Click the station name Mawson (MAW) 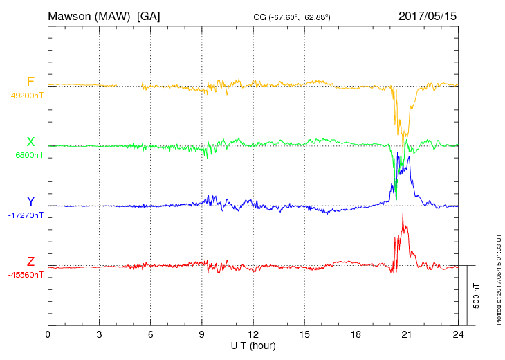89,15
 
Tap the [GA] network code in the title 149,15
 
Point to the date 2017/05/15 428,15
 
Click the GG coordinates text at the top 292,17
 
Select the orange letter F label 30,82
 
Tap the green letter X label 30,142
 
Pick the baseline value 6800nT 29,155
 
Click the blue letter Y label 30,201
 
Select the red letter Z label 30,262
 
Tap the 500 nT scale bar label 477,296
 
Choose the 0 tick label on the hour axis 48,334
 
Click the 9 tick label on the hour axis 202,334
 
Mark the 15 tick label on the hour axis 304,334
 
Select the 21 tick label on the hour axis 407,334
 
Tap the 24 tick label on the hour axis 457,334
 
